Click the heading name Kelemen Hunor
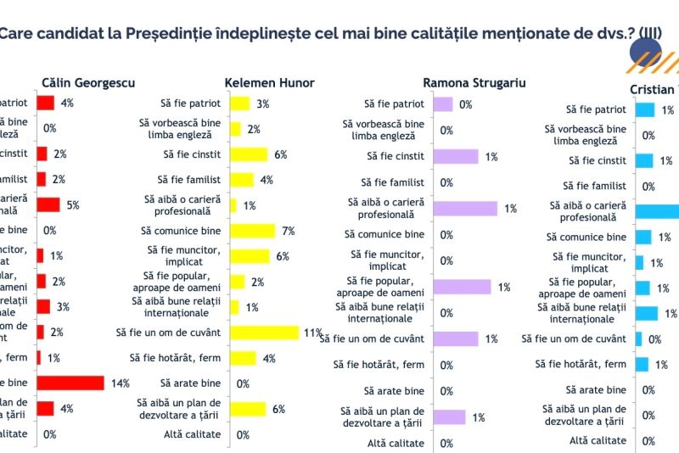coord(269,83)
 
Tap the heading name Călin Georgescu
coord(88,83)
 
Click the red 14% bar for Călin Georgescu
coord(70,383)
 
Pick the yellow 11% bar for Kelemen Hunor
coord(264,333)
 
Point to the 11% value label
coord(311,333)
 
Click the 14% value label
coord(119,383)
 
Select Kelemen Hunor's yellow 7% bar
coord(252,231)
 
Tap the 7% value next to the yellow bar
coord(288,232)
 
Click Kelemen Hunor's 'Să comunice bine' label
coord(181,231)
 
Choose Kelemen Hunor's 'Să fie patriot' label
coord(190,103)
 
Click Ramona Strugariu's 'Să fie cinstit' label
coord(396,157)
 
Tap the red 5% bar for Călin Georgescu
coord(48,204)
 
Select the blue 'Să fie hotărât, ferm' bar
coord(642,364)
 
